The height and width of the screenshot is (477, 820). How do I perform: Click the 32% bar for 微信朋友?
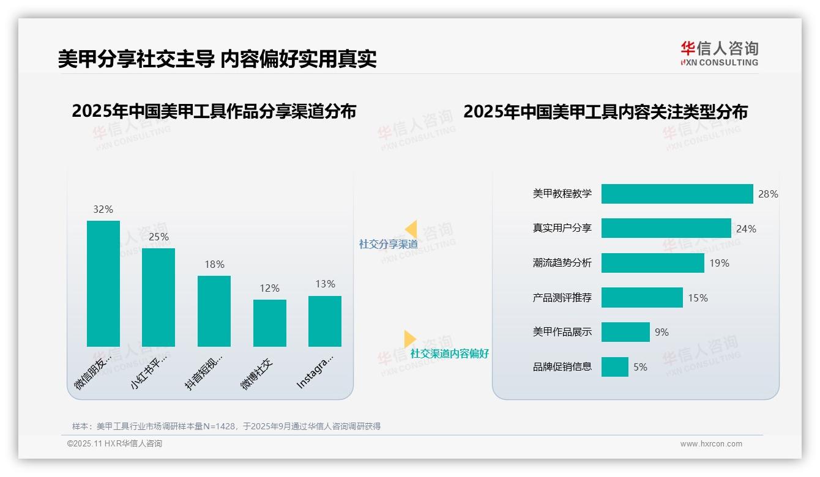[103, 284]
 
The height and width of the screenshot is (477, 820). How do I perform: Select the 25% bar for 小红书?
[158, 297]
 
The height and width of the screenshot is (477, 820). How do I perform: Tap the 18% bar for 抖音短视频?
[214, 311]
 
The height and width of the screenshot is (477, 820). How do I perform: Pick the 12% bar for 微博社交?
[269, 323]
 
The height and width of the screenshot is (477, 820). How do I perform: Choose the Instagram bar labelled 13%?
[325, 321]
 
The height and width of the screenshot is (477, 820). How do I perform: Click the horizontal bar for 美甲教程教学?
[677, 194]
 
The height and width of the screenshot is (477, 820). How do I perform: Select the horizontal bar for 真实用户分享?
[666, 228]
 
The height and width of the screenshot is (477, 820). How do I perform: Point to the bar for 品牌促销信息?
[614, 367]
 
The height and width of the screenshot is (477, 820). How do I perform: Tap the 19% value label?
[720, 263]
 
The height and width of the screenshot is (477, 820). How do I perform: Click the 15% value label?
[698, 298]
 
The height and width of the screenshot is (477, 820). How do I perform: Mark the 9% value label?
[662, 332]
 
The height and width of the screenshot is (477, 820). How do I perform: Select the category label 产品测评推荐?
[562, 298]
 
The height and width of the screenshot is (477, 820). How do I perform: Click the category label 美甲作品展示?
[562, 332]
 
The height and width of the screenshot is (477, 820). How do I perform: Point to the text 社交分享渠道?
[388, 244]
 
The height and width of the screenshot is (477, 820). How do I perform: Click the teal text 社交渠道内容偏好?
[449, 353]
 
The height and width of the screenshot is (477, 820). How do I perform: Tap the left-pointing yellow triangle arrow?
[411, 229]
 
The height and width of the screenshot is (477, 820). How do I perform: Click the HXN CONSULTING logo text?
[720, 62]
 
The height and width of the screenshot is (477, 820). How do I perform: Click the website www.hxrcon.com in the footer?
[710, 444]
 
